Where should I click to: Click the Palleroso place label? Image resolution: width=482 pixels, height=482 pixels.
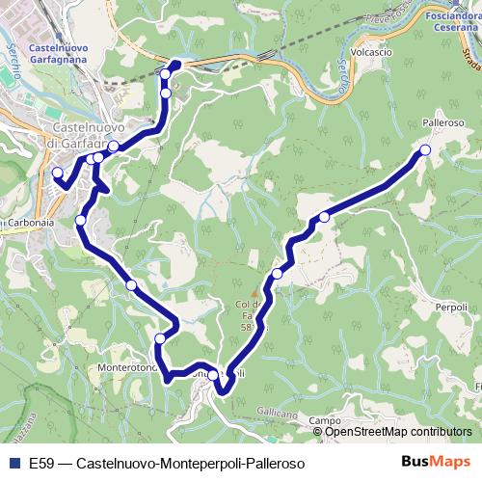click(443, 124)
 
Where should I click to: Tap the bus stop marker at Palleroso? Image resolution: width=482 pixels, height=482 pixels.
click(425, 150)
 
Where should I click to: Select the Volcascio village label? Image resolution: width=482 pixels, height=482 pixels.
click(372, 52)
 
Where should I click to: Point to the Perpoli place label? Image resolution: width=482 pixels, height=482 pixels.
click(451, 307)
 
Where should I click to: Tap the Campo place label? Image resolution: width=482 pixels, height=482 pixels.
click(326, 421)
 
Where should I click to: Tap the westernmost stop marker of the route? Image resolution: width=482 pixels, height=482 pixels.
click(57, 174)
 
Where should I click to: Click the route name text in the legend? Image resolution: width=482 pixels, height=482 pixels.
click(167, 463)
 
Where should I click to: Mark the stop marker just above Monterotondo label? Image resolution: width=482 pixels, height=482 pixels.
click(160, 338)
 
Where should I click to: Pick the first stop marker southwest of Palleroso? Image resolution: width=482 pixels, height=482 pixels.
click(325, 218)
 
